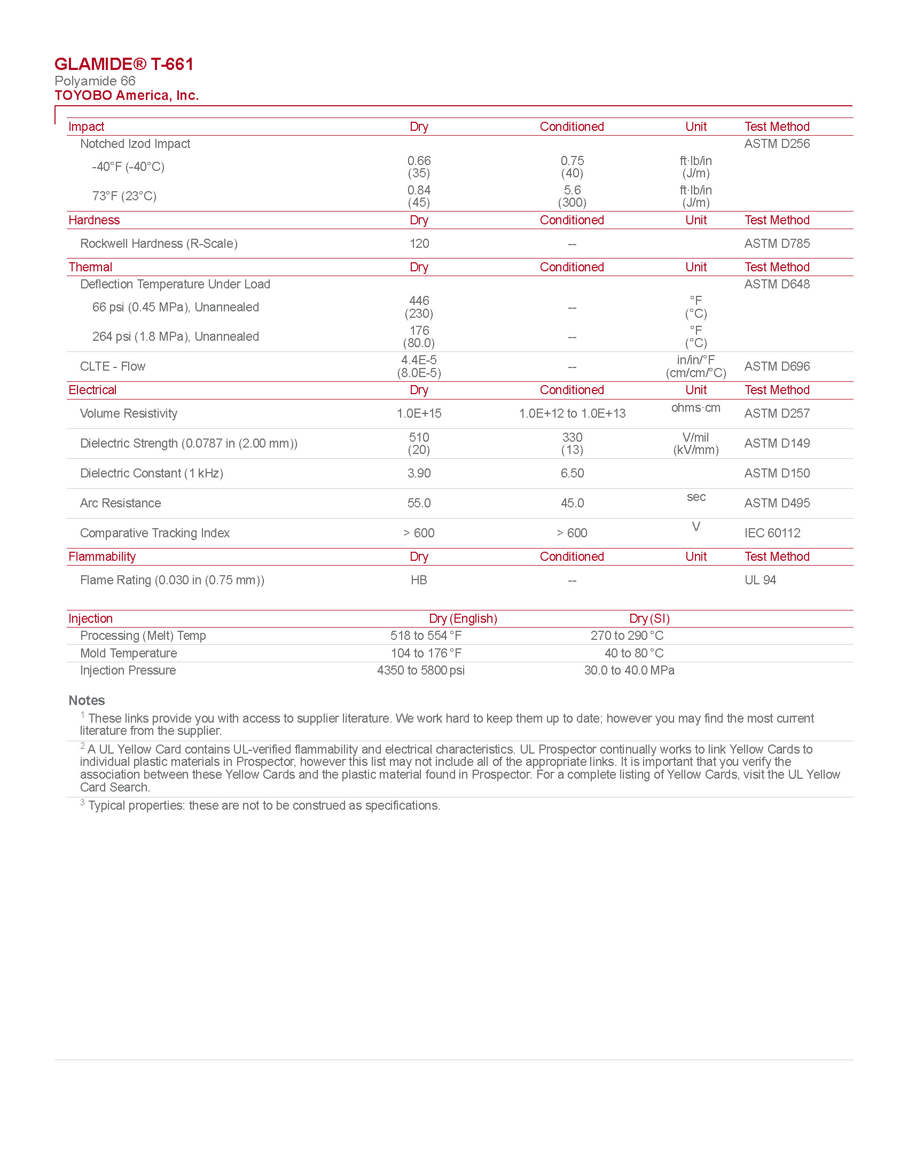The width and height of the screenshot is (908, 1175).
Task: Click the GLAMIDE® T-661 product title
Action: click(x=124, y=65)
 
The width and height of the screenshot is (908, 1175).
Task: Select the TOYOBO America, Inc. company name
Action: click(x=127, y=96)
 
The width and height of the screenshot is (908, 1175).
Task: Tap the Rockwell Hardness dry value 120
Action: click(x=419, y=244)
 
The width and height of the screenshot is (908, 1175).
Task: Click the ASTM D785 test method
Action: click(x=777, y=244)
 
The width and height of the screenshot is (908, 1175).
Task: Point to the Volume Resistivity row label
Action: click(x=129, y=414)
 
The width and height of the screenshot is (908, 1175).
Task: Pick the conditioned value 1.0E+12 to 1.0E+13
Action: click(x=572, y=414)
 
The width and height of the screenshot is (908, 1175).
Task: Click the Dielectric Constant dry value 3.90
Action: click(x=419, y=473)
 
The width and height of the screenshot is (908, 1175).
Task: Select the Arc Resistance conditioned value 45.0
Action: click(x=572, y=504)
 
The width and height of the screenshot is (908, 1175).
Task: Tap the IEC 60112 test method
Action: click(x=772, y=533)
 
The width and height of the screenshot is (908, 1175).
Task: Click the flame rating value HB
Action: click(x=419, y=581)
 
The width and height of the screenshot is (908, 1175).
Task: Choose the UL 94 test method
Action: click(x=760, y=581)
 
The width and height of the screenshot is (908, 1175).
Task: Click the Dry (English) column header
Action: click(x=463, y=618)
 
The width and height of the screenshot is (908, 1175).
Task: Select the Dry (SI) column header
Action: click(x=649, y=618)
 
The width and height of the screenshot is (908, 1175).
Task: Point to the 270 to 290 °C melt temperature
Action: click(x=627, y=636)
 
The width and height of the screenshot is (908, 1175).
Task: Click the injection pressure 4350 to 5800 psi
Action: click(x=421, y=671)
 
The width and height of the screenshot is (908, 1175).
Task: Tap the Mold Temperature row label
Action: click(x=129, y=654)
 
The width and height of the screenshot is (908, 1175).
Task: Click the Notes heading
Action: click(x=87, y=701)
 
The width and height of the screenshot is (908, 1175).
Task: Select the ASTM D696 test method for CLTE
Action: click(x=777, y=367)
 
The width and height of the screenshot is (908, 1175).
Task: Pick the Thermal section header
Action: click(x=90, y=268)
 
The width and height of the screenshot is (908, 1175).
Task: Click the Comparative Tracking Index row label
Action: click(x=155, y=533)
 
